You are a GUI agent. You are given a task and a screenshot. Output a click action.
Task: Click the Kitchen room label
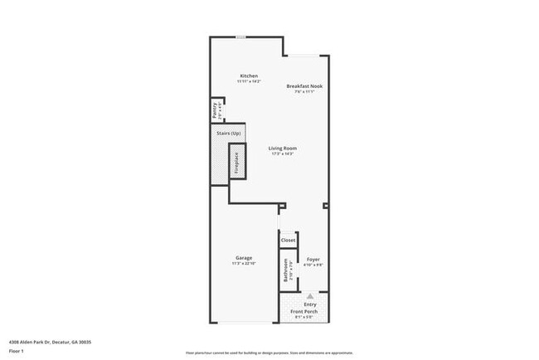click(249, 75)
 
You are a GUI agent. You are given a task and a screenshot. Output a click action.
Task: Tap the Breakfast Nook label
click(302, 86)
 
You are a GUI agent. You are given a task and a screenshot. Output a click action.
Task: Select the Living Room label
click(283, 148)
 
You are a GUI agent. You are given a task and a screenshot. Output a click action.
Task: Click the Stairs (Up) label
click(229, 133)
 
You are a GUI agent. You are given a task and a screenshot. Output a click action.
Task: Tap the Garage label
click(243, 258)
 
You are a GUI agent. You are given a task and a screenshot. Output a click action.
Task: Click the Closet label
click(288, 241)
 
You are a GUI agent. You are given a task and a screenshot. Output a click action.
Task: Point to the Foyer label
click(313, 259)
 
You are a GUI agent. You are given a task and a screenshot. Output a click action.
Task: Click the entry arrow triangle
click(311, 295)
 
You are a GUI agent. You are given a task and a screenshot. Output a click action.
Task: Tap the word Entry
click(310, 304)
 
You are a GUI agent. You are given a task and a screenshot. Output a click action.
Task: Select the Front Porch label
click(310, 312)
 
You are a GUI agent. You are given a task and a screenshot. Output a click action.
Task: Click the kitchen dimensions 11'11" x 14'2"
click(249, 81)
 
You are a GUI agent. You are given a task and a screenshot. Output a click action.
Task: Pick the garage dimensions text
click(243, 264)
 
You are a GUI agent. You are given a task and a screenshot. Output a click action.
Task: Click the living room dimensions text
click(283, 153)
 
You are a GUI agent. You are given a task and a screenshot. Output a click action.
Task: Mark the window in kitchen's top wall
click(240, 37)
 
